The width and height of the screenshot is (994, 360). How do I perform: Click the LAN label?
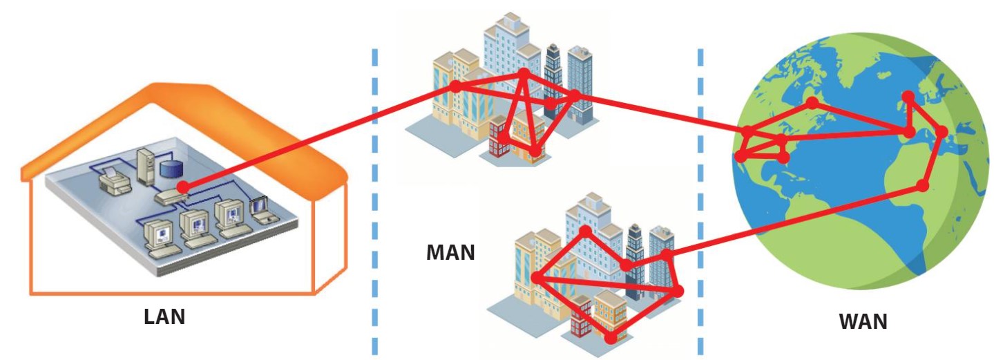[164, 317]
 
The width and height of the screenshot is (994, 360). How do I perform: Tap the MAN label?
[450, 252]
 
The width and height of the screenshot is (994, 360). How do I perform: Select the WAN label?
[863, 322]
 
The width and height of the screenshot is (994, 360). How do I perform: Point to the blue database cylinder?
[169, 169]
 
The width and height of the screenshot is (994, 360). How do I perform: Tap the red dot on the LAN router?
[182, 187]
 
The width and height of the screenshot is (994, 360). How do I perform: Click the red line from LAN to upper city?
[318, 137]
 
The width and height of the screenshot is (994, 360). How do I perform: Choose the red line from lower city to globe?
[794, 220]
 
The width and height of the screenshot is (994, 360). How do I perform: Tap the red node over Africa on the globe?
[921, 185]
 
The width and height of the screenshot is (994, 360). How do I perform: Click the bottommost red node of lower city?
[611, 338]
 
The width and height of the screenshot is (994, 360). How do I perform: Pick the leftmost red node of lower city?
[537, 278]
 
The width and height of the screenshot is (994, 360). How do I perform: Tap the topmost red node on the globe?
[908, 96]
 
